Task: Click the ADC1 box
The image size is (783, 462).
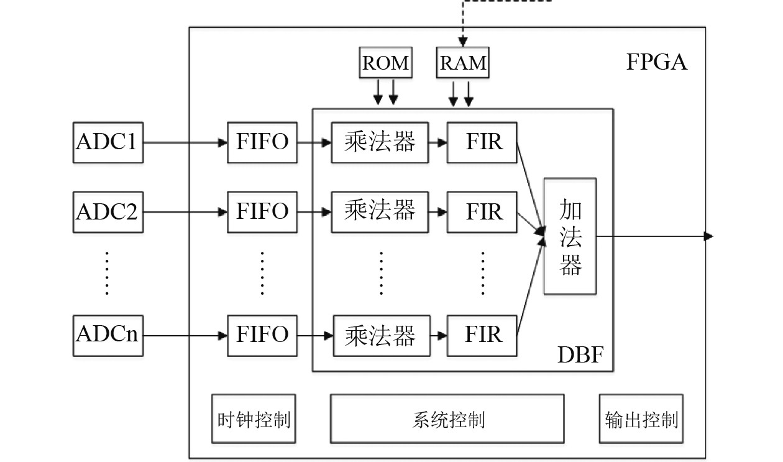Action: (108, 142)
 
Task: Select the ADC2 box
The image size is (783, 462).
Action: (108, 212)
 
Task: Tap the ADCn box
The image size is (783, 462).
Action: (108, 336)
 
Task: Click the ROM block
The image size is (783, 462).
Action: (385, 63)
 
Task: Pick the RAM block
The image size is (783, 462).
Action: (463, 63)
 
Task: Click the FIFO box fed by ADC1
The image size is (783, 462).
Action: (262, 142)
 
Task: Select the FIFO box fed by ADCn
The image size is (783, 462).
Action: (262, 336)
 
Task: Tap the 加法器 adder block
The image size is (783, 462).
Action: (570, 236)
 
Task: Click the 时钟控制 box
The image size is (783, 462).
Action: (254, 419)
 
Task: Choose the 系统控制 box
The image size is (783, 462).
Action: (447, 419)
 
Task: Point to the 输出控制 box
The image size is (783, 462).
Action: (641, 419)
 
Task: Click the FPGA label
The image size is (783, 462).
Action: (656, 63)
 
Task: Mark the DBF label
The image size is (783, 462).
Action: (580, 356)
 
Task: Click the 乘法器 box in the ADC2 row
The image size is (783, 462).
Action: (380, 212)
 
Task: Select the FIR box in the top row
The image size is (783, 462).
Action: (483, 142)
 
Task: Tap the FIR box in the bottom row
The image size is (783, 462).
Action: (483, 336)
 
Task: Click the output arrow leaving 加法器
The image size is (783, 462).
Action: (652, 236)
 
